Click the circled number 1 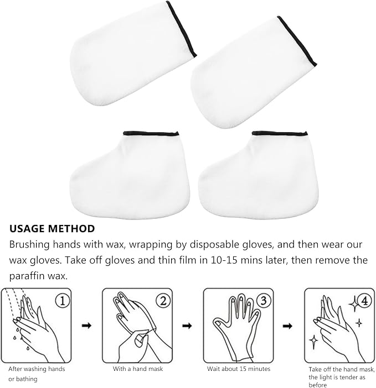pyautogui.click(x=62, y=301)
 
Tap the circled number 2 pyautogui.click(x=163, y=301)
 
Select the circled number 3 pyautogui.click(x=264, y=301)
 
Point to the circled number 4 pyautogui.click(x=364, y=301)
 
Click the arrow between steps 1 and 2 pyautogui.click(x=86, y=326)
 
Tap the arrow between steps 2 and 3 pyautogui.click(x=187, y=326)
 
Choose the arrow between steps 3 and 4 pyautogui.click(x=287, y=326)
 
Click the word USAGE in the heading pyautogui.click(x=27, y=229)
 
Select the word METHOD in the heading pyautogui.click(x=71, y=229)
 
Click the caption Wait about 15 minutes pyautogui.click(x=239, y=369)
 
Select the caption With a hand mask pyautogui.click(x=138, y=369)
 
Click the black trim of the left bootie pyautogui.click(x=151, y=134)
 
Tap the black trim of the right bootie pyautogui.click(x=280, y=134)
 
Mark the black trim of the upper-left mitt pyautogui.click(x=182, y=29)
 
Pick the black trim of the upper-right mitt pyautogui.click(x=297, y=41)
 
